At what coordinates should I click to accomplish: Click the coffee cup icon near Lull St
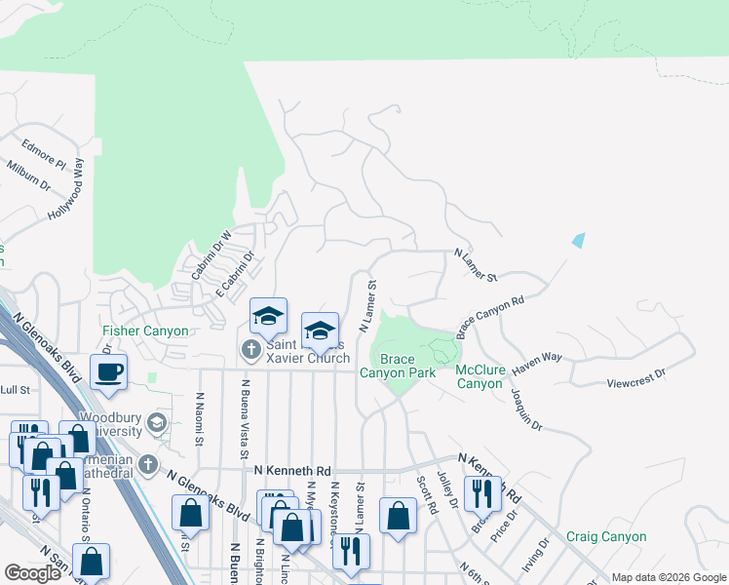[x=108, y=370]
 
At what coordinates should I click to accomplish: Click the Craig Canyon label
[x=606, y=536]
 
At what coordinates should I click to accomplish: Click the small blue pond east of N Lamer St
[x=579, y=240]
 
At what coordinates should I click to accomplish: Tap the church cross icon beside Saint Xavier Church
[x=249, y=348]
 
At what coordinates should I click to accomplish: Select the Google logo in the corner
[x=32, y=573]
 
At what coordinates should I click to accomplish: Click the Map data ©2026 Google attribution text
[x=668, y=577]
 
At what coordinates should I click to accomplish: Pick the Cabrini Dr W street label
[x=211, y=254]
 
